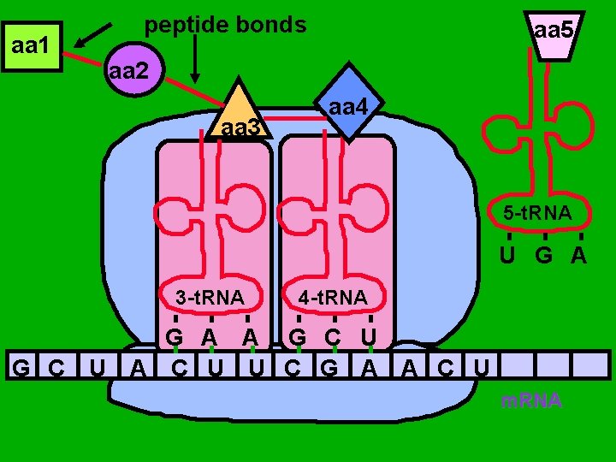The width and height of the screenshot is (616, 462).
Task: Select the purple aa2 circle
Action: (129, 71)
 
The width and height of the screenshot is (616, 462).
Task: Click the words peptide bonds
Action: (225, 25)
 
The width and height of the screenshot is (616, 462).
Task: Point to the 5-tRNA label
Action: (537, 212)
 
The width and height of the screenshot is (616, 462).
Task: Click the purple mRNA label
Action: (531, 400)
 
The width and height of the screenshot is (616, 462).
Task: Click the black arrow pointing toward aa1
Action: (93, 34)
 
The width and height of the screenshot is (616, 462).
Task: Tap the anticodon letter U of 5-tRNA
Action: (508, 254)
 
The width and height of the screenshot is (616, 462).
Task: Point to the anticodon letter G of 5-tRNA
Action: (544, 254)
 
